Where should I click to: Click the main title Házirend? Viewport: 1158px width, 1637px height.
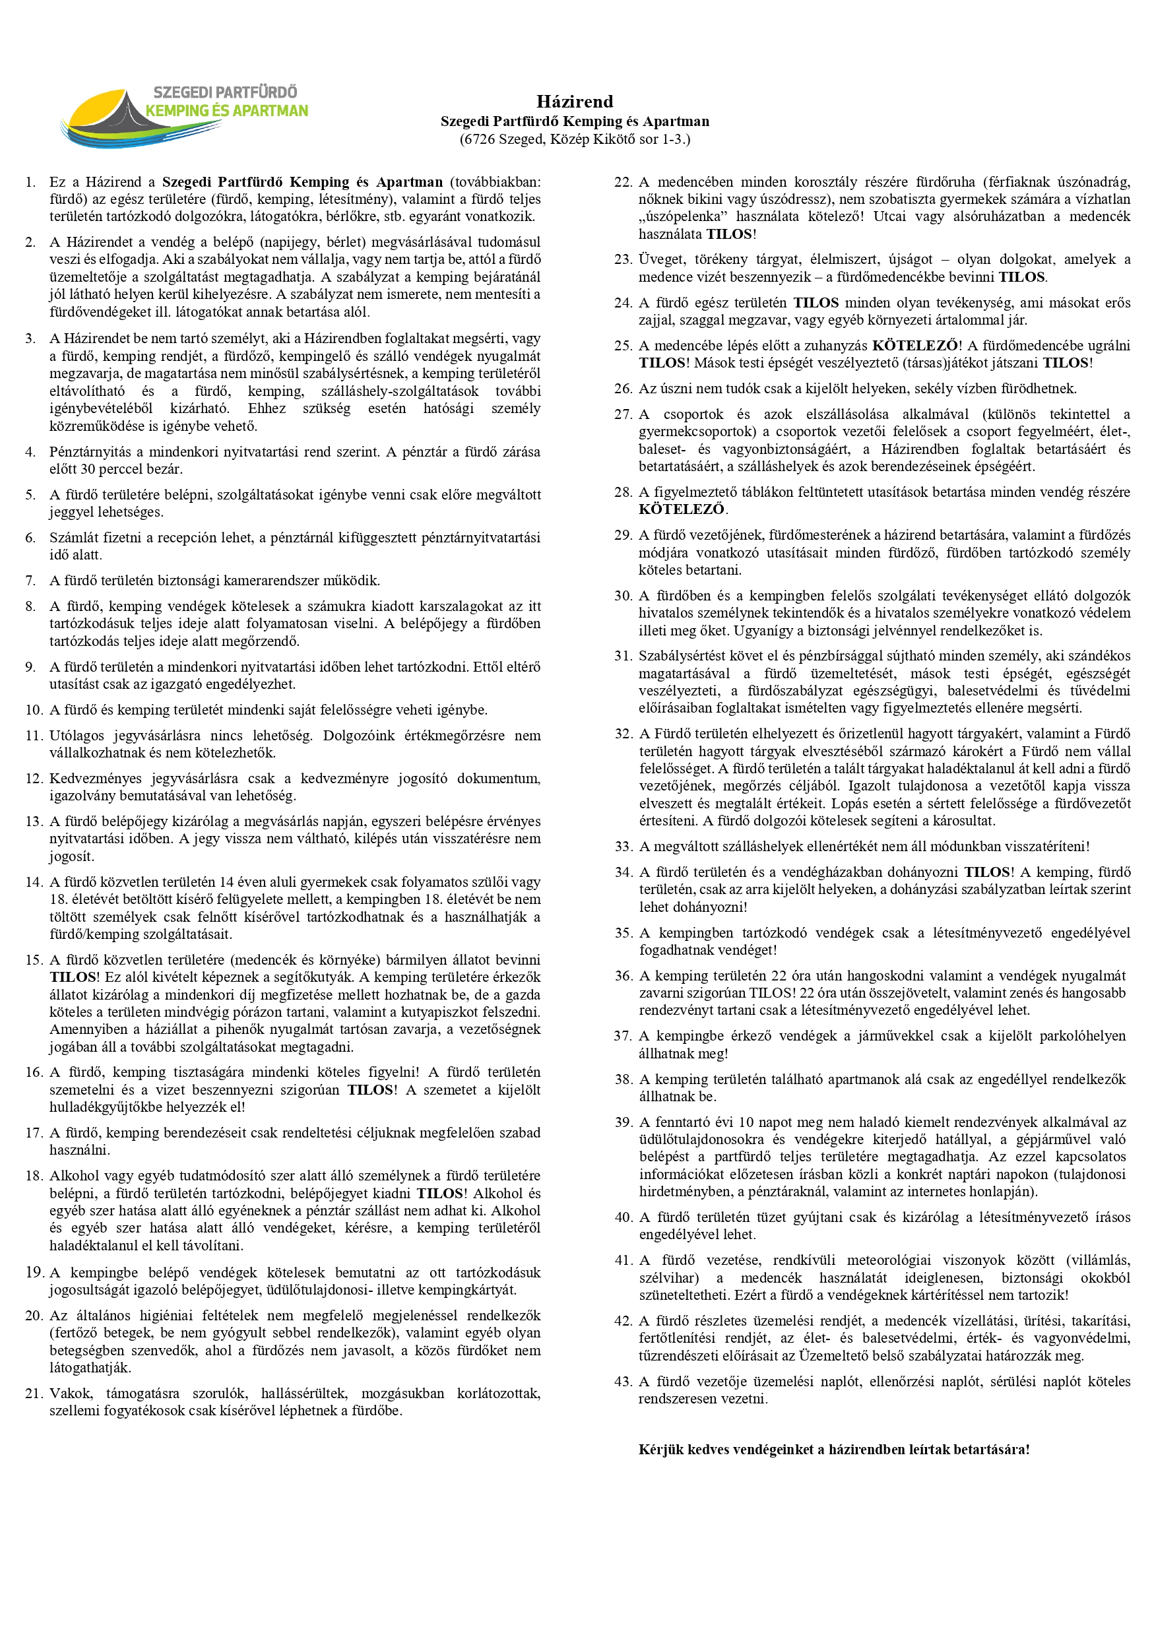[575, 101]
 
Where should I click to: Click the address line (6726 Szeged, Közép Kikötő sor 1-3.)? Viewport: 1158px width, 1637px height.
[575, 139]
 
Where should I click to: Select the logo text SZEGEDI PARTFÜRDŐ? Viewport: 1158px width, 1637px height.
[225, 92]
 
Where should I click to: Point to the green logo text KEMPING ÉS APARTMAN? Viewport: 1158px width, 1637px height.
[227, 110]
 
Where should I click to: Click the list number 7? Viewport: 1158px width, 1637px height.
[30, 581]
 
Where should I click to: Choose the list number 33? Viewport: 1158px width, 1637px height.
[624, 847]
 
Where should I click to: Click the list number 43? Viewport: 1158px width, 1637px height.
[624, 1381]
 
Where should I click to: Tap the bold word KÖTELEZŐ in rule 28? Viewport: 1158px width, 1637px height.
[682, 509]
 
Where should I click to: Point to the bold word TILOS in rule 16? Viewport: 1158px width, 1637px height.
[370, 1089]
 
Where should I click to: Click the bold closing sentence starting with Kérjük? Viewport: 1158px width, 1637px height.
[833, 1450]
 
